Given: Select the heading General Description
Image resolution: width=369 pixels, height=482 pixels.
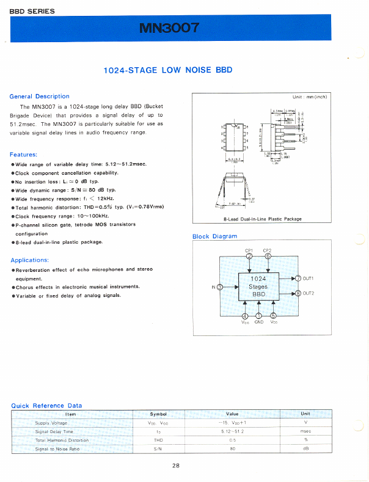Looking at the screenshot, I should (x=40, y=97).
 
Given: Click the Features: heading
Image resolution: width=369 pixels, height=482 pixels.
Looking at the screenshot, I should (x=24, y=155).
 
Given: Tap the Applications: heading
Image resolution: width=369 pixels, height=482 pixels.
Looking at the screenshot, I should (x=29, y=260).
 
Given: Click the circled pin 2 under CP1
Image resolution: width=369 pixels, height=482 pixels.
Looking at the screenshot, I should (x=249, y=256).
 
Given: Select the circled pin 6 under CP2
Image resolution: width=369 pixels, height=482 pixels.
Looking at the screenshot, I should (x=268, y=256).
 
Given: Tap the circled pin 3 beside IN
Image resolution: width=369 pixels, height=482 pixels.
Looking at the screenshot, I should (x=220, y=287).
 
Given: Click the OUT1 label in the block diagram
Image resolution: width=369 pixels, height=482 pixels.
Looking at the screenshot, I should (x=308, y=279).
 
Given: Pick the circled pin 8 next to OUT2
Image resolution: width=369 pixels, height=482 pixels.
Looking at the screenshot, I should (x=298, y=293).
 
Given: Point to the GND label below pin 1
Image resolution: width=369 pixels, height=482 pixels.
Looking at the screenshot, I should (x=258, y=322).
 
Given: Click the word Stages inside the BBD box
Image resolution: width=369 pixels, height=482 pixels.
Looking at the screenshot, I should (x=258, y=286).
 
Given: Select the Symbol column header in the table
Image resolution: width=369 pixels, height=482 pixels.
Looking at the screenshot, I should (x=158, y=414).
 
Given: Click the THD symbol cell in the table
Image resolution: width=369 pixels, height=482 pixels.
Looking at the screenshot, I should (x=158, y=440).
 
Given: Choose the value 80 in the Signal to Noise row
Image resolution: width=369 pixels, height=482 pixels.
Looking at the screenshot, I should (x=232, y=449).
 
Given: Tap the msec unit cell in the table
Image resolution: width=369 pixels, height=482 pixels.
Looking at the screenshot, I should (x=305, y=431).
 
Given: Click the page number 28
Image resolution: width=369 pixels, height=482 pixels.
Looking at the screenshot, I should (x=176, y=466).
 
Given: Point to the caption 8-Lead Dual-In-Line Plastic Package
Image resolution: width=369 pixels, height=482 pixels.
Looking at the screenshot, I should (x=263, y=219).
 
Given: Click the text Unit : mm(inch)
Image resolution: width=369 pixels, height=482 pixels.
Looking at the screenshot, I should (x=310, y=97).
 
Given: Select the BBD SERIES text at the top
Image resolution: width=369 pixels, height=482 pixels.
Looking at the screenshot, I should (x=32, y=11).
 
